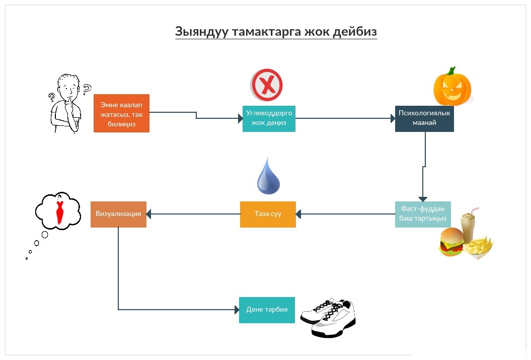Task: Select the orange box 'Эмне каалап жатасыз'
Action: (121, 113)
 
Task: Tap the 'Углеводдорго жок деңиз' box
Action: (269, 118)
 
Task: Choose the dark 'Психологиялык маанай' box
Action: (424, 118)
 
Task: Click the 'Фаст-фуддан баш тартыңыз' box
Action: (423, 214)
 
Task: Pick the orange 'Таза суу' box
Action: (268, 214)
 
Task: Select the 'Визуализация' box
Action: (118, 214)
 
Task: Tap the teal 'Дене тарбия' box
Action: (266, 309)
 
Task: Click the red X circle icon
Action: (267, 85)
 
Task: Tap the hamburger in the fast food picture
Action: (451, 242)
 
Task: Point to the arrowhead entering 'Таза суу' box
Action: (298, 214)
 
